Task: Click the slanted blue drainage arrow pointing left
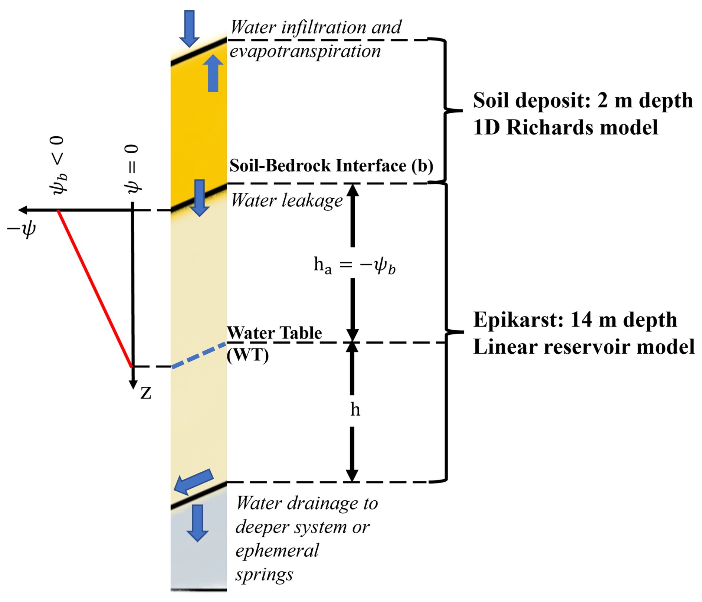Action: (194, 481)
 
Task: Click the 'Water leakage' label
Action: (286, 201)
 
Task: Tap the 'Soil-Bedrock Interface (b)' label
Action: (331, 166)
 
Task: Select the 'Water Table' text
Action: (275, 333)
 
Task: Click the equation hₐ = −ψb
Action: (355, 266)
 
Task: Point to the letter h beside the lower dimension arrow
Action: (355, 410)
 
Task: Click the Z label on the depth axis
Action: (146, 393)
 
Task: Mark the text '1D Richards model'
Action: (565, 128)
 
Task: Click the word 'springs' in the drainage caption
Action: (264, 575)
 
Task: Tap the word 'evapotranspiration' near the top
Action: (305, 51)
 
